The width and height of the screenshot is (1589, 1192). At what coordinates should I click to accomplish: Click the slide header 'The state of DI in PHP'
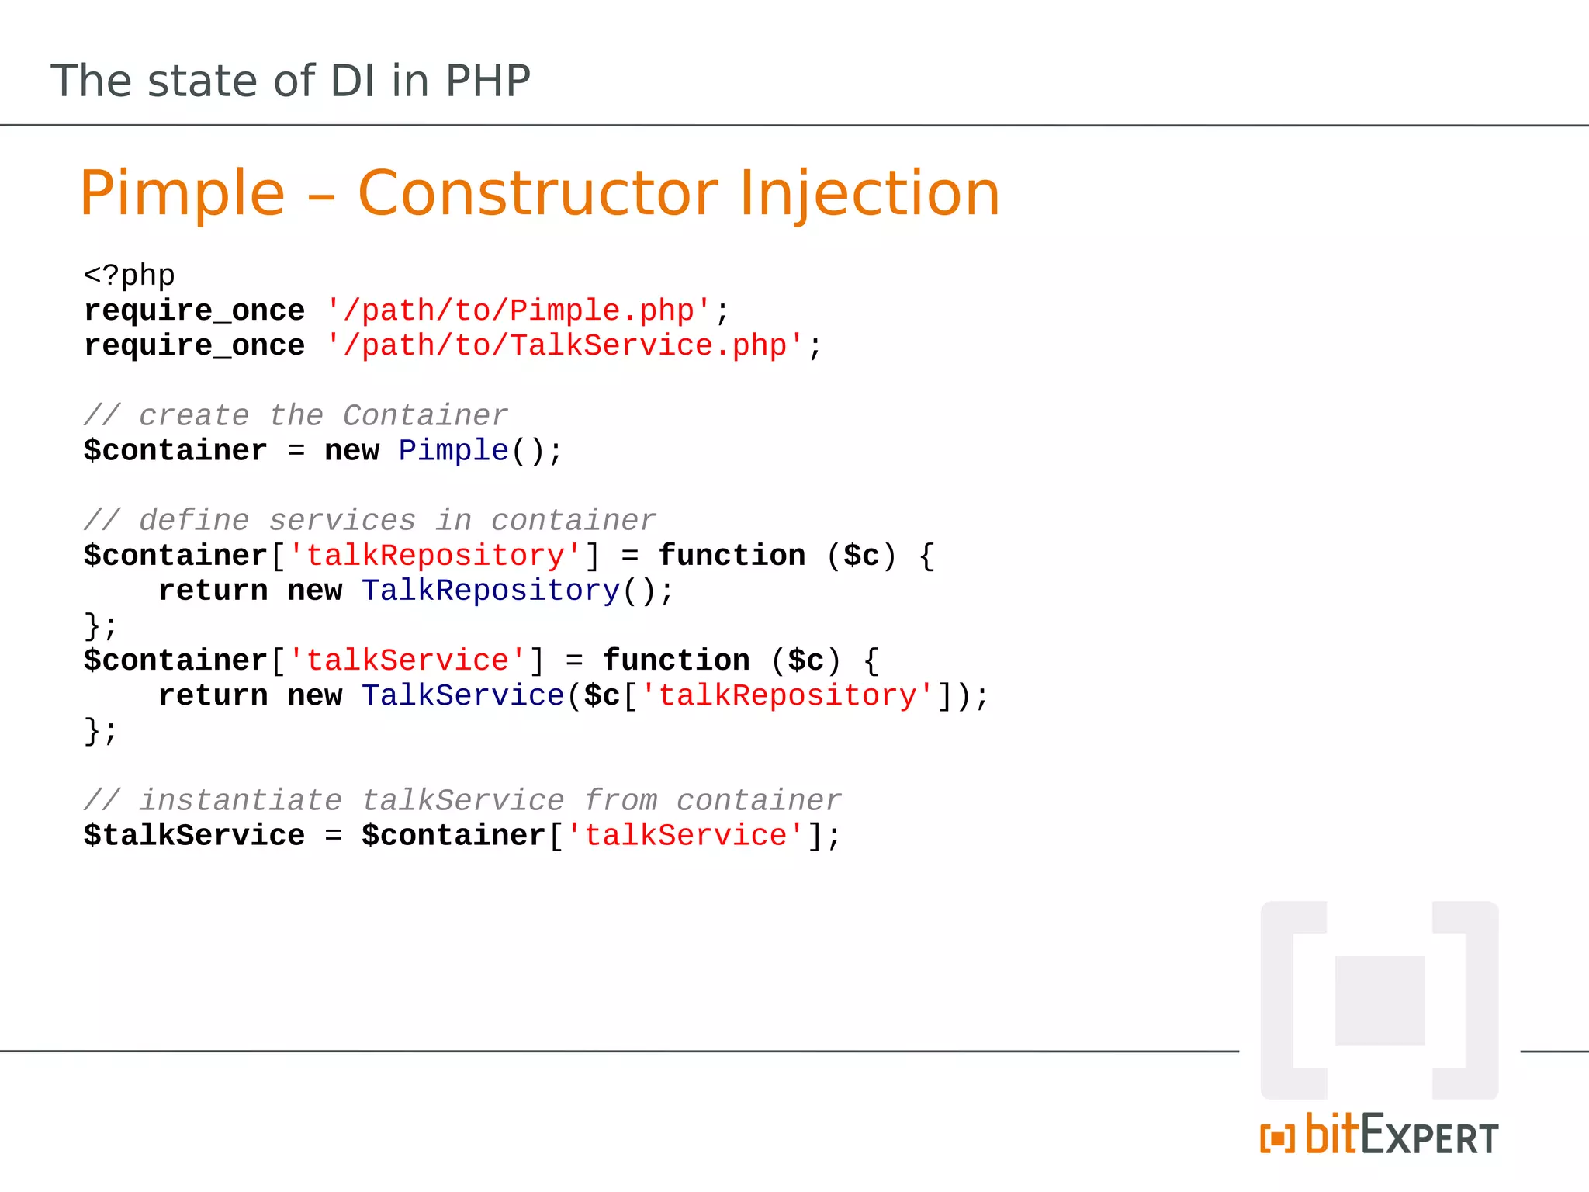290,81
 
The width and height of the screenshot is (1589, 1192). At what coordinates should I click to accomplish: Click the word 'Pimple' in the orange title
182,193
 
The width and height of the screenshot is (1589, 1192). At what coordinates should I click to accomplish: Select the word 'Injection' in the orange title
869,193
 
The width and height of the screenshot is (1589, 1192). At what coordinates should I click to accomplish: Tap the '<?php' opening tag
130,275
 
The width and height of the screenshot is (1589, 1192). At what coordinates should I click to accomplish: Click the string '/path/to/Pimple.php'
518,311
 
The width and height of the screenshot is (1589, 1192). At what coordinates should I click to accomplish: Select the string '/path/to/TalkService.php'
565,346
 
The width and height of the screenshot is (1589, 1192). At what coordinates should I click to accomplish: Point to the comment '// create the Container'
296,416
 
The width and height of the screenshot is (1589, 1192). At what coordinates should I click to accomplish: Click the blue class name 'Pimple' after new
453,451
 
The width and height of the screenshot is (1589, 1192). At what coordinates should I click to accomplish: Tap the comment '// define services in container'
369,521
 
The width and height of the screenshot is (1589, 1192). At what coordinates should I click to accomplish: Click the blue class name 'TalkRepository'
490,591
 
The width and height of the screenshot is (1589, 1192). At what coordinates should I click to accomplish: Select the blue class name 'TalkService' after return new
463,696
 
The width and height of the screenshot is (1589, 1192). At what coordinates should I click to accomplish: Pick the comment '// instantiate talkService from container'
462,801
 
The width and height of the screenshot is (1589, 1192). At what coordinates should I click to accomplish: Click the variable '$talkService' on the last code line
194,836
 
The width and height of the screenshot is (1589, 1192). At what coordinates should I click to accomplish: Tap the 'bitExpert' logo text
1401,1136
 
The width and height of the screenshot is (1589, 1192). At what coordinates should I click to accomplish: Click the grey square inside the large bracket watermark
1380,1000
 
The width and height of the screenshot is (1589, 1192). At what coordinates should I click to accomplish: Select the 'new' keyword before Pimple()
351,451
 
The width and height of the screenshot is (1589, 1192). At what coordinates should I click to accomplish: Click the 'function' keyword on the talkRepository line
732,556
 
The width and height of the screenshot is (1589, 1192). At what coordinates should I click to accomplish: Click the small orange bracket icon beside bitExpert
1277,1138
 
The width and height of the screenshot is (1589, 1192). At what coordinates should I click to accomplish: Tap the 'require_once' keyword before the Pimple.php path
194,311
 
